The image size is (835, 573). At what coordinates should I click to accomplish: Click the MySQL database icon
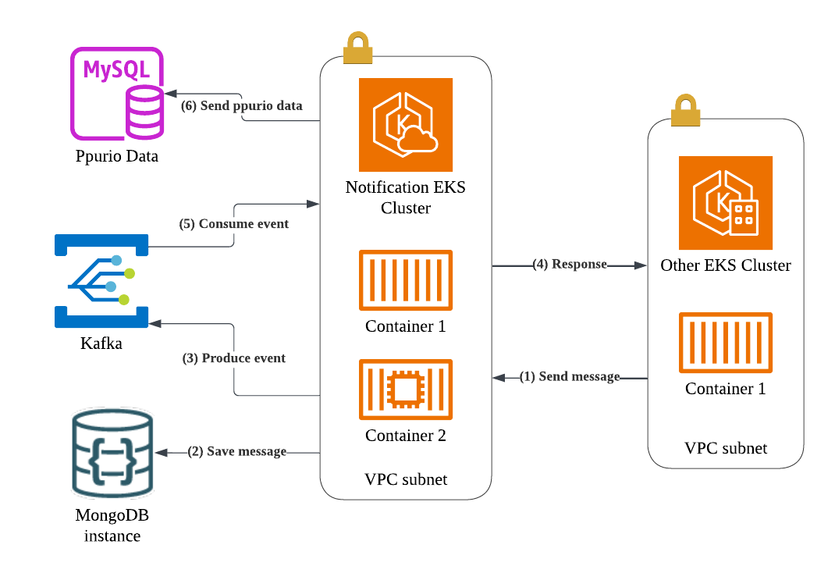click(x=117, y=92)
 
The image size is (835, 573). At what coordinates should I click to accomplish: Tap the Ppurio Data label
click(x=117, y=156)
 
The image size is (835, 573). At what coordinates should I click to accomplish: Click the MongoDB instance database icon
click(x=112, y=453)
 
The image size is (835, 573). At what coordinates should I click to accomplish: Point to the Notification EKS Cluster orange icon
click(x=406, y=125)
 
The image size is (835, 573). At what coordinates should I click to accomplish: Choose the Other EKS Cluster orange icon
click(x=725, y=202)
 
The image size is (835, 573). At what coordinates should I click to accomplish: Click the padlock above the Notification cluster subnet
click(x=356, y=48)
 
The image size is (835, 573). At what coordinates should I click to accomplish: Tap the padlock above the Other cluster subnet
click(x=684, y=111)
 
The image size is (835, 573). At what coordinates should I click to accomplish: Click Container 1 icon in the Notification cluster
click(x=405, y=279)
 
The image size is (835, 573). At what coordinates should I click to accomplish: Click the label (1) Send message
click(x=570, y=377)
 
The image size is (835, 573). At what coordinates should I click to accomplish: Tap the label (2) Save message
click(x=236, y=452)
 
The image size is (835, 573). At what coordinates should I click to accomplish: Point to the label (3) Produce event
click(x=234, y=359)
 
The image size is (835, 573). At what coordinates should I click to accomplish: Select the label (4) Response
click(x=570, y=265)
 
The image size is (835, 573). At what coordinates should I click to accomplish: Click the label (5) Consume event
click(x=234, y=224)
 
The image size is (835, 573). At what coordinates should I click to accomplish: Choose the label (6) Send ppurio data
click(x=241, y=105)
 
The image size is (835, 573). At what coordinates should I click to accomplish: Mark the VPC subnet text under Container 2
click(x=406, y=479)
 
